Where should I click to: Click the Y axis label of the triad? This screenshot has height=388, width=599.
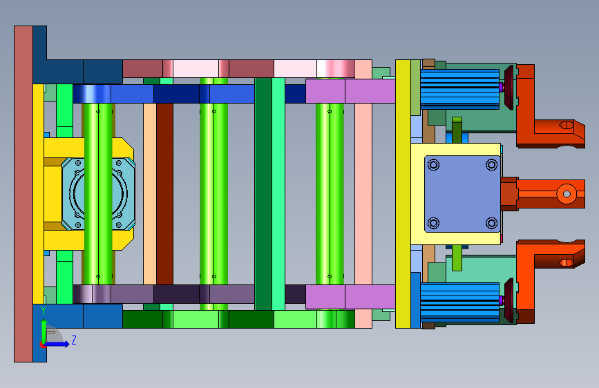pyautogui.click(x=44, y=311)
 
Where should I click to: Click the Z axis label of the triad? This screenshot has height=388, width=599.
pyautogui.click(x=74, y=340)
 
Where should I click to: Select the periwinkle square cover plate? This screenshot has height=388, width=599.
pyautogui.click(x=462, y=193)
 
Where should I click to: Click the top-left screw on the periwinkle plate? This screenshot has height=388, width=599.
pyautogui.click(x=434, y=164)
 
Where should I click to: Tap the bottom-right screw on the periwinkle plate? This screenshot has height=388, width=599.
pyautogui.click(x=491, y=222)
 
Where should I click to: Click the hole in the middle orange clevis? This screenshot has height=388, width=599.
pyautogui.click(x=567, y=194)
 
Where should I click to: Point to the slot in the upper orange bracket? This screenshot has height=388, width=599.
pyautogui.click(x=566, y=125)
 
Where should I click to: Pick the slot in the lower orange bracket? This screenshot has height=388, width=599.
pyautogui.click(x=566, y=262)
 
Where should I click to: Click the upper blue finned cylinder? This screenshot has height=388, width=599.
pyautogui.click(x=460, y=89)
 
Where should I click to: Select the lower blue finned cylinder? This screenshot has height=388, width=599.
pyautogui.click(x=460, y=302)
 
